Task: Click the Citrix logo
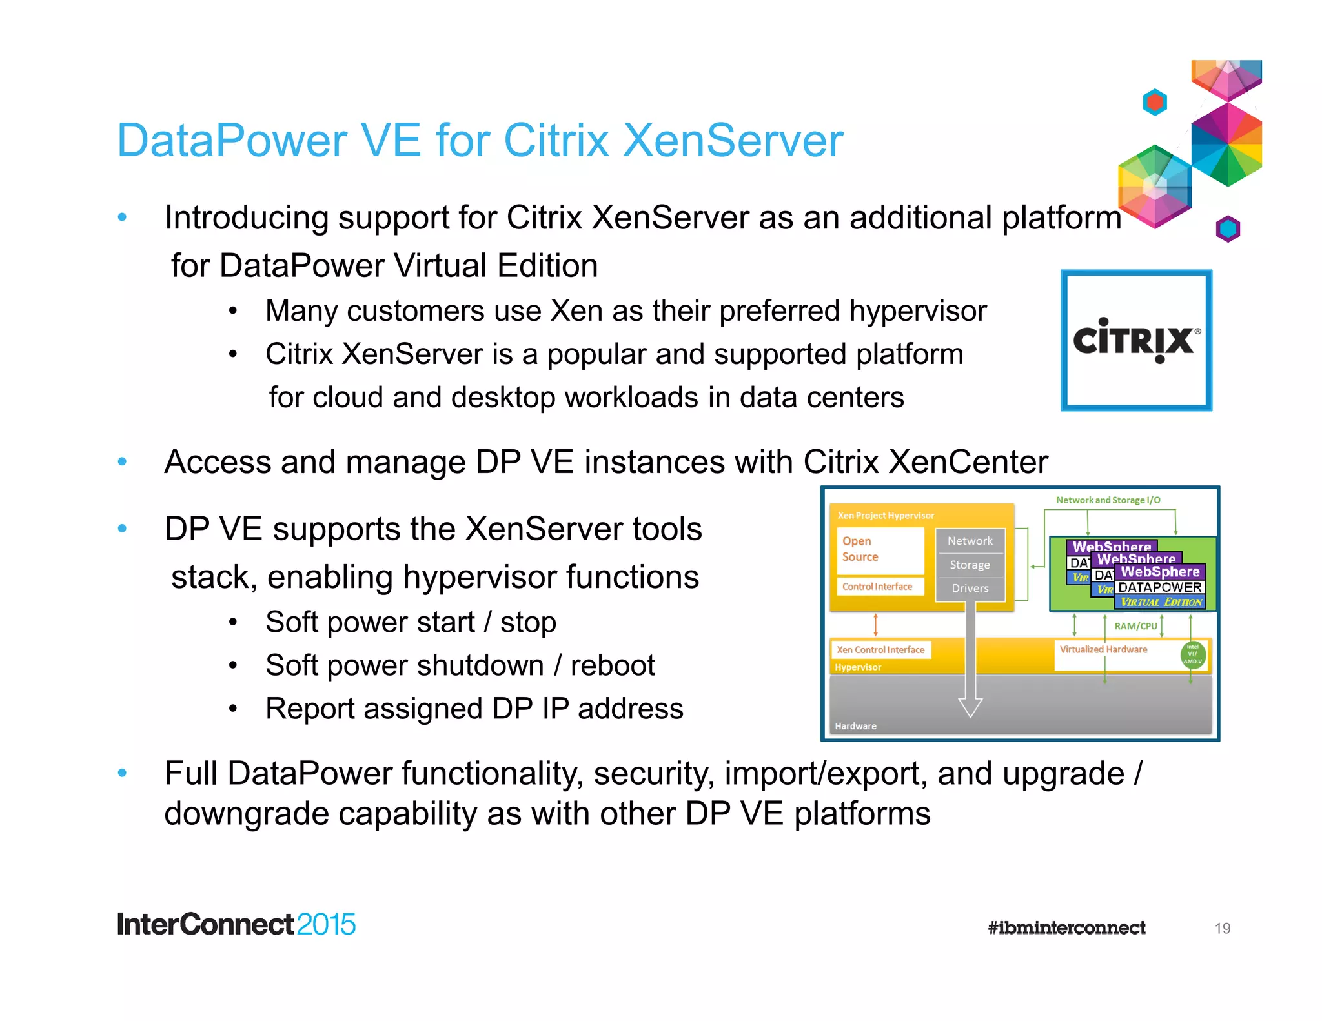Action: click(x=1136, y=340)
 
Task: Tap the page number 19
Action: click(x=1222, y=928)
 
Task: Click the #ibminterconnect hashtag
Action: click(x=1066, y=927)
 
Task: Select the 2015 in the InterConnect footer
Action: click(x=326, y=924)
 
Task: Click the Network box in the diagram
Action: click(x=970, y=541)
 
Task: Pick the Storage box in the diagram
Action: click(x=970, y=565)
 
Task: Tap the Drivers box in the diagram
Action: click(x=970, y=588)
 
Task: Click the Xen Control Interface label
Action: click(x=880, y=649)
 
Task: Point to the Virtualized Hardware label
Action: click(x=1103, y=649)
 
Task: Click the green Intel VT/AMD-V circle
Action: click(x=1192, y=654)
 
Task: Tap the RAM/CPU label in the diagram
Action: click(x=1135, y=625)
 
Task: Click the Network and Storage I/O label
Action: click(x=1108, y=500)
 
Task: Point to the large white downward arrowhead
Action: click(x=970, y=707)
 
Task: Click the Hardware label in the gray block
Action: click(x=855, y=726)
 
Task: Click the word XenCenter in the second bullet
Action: click(x=968, y=462)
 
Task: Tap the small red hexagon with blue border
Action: click(x=1155, y=102)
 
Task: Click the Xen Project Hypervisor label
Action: click(x=886, y=515)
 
